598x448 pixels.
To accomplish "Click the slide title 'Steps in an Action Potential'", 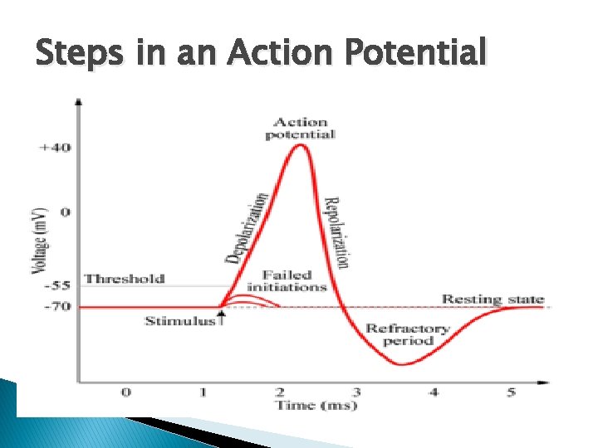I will [x=260, y=54].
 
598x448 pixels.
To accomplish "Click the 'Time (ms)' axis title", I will [x=316, y=405].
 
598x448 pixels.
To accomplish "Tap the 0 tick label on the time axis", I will [x=125, y=392].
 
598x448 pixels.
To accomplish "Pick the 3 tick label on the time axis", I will [x=355, y=392].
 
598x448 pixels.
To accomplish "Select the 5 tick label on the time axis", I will [x=510, y=392].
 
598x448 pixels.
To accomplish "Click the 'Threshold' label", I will [x=125, y=279].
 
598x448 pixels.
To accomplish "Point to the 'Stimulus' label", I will [x=180, y=321].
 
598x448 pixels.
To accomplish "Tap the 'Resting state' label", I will [x=493, y=299].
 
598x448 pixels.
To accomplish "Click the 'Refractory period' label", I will [x=408, y=334].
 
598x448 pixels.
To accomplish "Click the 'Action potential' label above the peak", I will [x=301, y=129].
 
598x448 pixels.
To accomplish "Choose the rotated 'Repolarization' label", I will [x=335, y=232].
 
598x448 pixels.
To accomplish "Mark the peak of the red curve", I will [x=301, y=146].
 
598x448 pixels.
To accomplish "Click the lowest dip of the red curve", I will [x=402, y=364].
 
